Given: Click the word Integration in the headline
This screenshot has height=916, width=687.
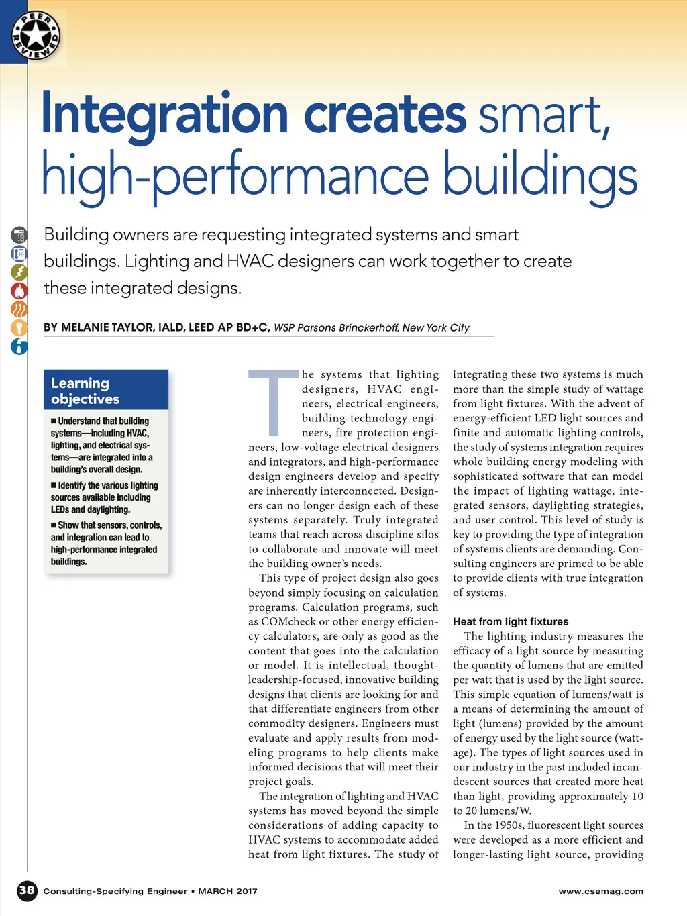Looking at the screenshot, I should pyautogui.click(x=164, y=115).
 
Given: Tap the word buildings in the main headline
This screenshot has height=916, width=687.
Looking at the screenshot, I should pyautogui.click(x=539, y=176).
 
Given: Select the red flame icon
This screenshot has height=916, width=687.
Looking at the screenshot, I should pyautogui.click(x=19, y=291).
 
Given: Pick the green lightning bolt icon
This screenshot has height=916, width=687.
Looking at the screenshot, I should pyautogui.click(x=19, y=272).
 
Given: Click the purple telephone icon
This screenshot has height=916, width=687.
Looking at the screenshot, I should pyautogui.click(x=19, y=254).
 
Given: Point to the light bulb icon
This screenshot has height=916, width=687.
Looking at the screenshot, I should pyautogui.click(x=19, y=327).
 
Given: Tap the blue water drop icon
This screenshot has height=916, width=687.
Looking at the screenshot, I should pyautogui.click(x=19, y=346).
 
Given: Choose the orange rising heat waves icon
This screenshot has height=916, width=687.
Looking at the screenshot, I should pyautogui.click(x=19, y=309).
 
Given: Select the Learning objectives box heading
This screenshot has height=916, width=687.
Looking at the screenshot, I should pyautogui.click(x=85, y=391).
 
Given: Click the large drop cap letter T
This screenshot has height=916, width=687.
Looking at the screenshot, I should pyautogui.click(x=273, y=403).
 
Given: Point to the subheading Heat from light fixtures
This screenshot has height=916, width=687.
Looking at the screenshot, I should pyautogui.click(x=511, y=622).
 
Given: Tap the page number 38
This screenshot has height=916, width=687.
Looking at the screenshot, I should pyautogui.click(x=27, y=890).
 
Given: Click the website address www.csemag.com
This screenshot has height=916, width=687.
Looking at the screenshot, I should pyautogui.click(x=600, y=891).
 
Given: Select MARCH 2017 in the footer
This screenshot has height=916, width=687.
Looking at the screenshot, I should pyautogui.click(x=227, y=891).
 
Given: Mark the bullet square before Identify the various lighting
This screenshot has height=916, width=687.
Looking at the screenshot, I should pyautogui.click(x=54, y=485).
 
